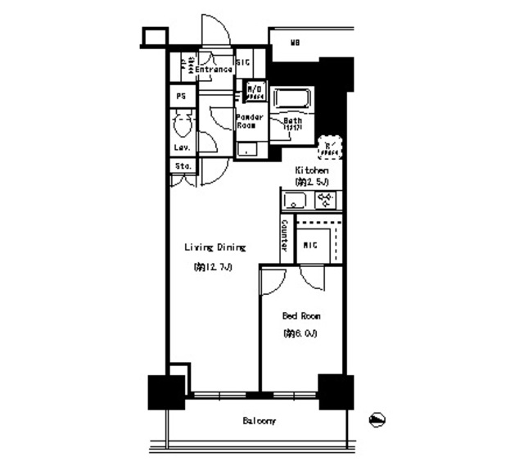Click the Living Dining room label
click(x=215, y=247)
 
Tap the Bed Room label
click(x=301, y=316)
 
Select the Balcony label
click(x=259, y=422)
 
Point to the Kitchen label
click(x=312, y=170)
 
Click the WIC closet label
click(x=311, y=244)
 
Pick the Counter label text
click(x=284, y=236)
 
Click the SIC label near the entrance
click(x=243, y=62)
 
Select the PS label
click(x=181, y=96)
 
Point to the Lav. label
click(x=182, y=147)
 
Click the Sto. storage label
click(x=183, y=166)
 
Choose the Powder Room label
click(x=250, y=121)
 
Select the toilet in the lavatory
click(x=183, y=125)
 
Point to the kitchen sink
click(x=295, y=201)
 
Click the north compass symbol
click(x=377, y=419)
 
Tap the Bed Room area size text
click(x=300, y=333)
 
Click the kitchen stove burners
click(x=325, y=201)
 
